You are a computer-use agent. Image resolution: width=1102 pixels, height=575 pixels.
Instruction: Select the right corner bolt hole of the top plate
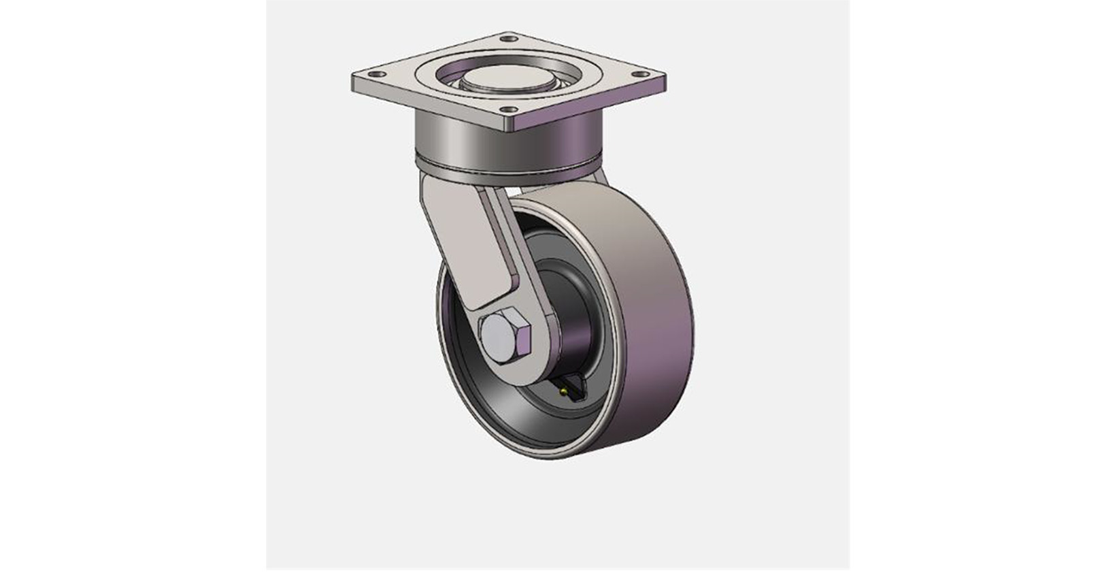[x=638, y=73]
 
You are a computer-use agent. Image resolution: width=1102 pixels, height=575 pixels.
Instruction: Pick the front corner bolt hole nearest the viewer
[x=507, y=109]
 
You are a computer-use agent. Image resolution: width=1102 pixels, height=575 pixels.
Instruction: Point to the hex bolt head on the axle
[x=505, y=336]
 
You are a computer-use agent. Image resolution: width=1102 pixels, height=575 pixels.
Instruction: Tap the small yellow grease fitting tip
[x=564, y=391]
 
